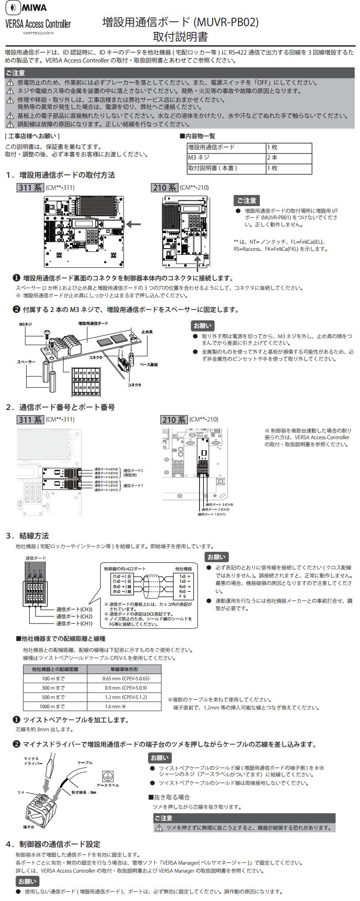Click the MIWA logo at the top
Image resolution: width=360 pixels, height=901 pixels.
27,8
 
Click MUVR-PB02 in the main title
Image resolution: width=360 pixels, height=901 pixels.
226,22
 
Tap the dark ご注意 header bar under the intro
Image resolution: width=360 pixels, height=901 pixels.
180,73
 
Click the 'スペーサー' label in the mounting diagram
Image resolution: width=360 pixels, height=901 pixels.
26,362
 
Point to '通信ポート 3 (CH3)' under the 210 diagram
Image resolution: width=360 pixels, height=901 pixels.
219,504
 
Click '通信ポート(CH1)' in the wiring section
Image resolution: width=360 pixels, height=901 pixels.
74,624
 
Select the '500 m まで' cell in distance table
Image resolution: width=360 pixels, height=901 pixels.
53,697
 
